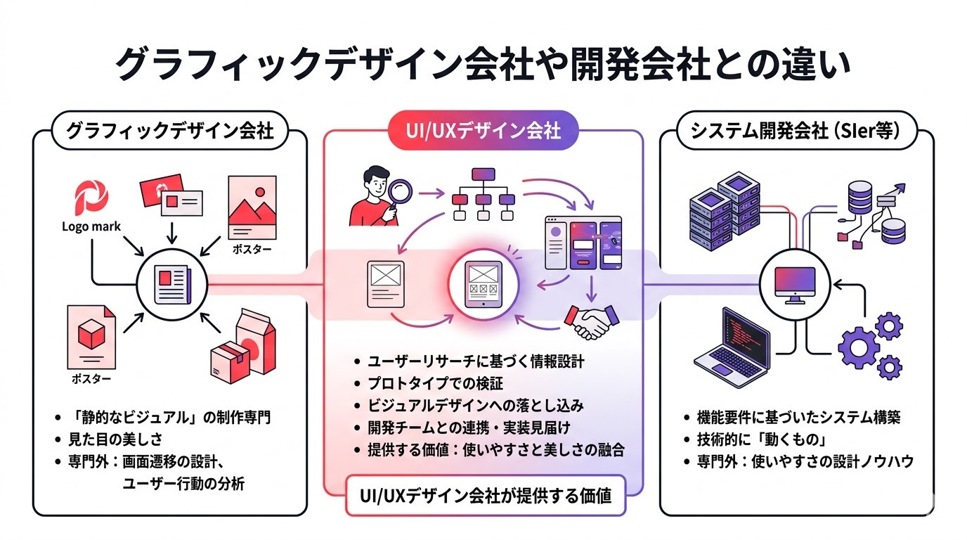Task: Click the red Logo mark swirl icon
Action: point(91,198)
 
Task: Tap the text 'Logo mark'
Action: point(91,226)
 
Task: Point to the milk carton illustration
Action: point(254,334)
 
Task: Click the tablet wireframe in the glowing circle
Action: point(483,285)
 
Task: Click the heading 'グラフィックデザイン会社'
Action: point(169,131)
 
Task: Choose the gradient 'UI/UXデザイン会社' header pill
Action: point(483,131)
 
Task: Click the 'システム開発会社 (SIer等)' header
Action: point(796,131)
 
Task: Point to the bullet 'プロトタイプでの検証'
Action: point(436,384)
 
